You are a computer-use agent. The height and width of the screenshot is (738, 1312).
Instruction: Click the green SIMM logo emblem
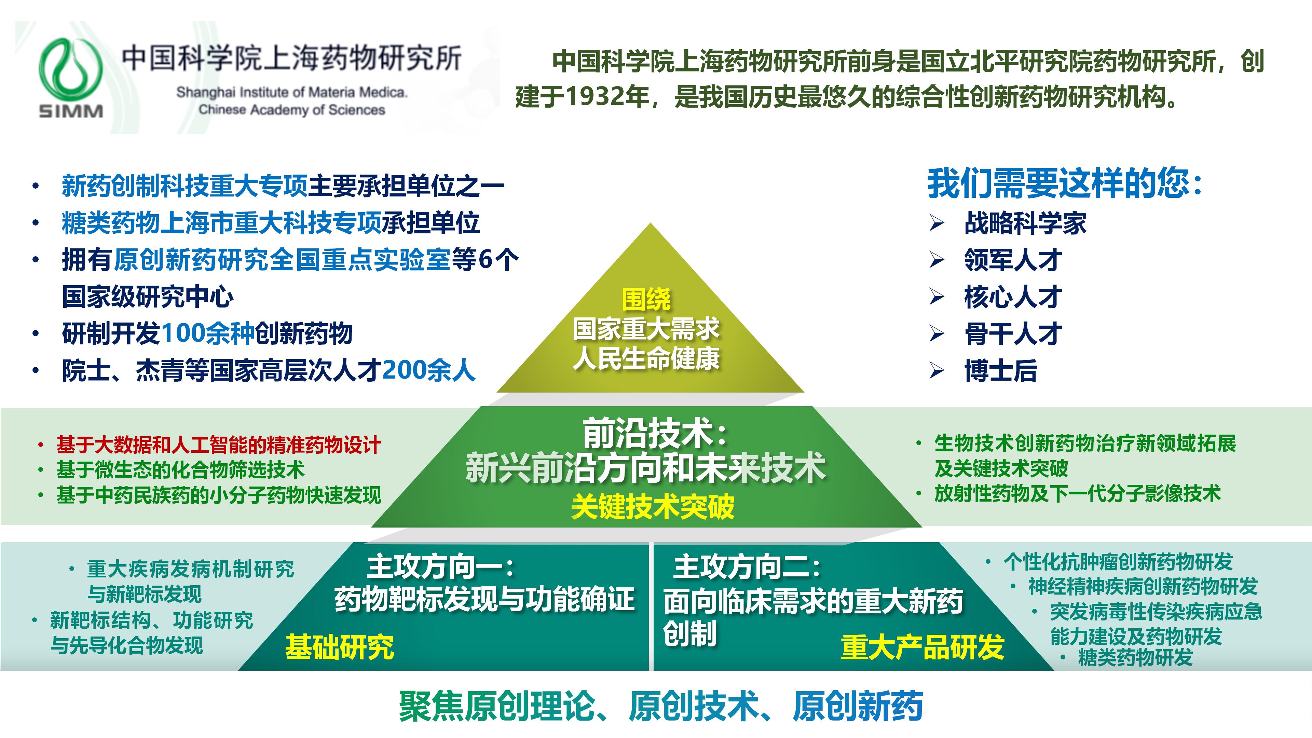coord(70,71)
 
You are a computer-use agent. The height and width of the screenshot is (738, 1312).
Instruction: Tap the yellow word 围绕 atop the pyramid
coord(646,300)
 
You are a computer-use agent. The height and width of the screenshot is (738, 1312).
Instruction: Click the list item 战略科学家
coord(1025,223)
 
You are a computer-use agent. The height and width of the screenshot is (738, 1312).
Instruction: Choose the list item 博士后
coord(1000,370)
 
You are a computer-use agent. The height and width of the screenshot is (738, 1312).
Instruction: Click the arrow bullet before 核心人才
coord(936,297)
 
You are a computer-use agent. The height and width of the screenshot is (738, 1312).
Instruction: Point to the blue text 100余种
coord(208,333)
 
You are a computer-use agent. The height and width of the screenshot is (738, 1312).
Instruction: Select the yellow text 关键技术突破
coord(653,507)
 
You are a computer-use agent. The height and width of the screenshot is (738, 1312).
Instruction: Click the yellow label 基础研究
coord(339,647)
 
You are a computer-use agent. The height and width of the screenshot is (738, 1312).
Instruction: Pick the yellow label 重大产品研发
coord(922,647)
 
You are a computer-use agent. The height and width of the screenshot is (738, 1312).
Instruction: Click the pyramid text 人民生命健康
coord(646,358)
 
